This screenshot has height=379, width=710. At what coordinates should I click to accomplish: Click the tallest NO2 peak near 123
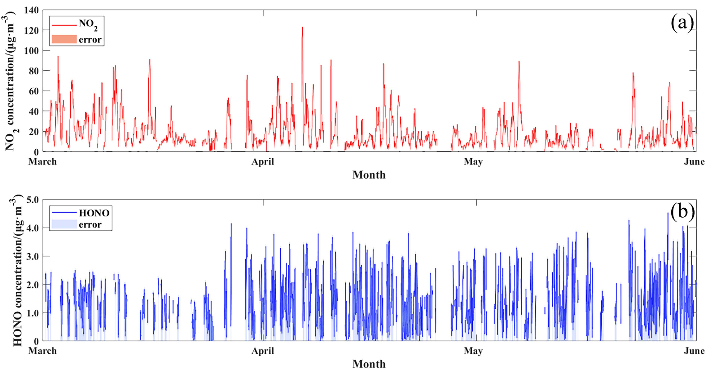click(302, 27)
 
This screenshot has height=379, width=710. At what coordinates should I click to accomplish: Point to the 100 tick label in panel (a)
click(31, 51)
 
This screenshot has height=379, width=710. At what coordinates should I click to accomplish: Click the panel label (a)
click(682, 23)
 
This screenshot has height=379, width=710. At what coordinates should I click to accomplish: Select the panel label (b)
click(682, 213)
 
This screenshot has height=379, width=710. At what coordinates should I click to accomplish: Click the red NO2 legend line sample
click(64, 25)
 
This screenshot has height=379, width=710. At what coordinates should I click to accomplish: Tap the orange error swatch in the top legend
click(64, 39)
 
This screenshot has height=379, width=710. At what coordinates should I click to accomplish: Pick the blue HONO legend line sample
click(64, 212)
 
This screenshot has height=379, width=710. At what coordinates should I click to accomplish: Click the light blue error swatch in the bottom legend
click(64, 224)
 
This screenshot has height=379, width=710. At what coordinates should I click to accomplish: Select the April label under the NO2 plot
click(263, 161)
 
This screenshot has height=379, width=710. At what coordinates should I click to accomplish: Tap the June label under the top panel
click(694, 161)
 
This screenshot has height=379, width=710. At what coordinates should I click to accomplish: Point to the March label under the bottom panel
click(43, 351)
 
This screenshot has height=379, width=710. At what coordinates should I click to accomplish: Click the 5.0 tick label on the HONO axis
click(33, 199)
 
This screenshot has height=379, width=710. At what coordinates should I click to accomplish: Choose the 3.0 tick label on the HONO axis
click(33, 256)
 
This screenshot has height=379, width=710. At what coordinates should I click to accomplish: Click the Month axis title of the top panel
click(369, 175)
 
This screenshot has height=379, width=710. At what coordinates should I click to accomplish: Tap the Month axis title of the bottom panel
click(369, 364)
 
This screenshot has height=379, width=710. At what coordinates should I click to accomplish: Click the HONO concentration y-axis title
click(17, 270)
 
